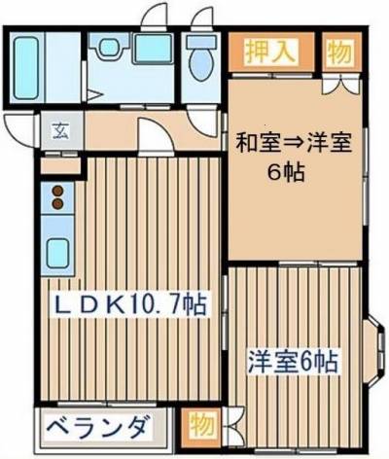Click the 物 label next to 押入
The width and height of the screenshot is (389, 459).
[x=337, y=51]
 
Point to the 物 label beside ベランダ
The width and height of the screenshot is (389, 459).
[x=202, y=427]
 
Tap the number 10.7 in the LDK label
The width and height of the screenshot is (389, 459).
[x=159, y=304]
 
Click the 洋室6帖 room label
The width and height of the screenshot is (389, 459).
[x=291, y=363]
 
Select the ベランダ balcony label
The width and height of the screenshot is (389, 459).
[x=98, y=427]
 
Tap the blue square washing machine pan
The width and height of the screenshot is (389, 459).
[x=151, y=51]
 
